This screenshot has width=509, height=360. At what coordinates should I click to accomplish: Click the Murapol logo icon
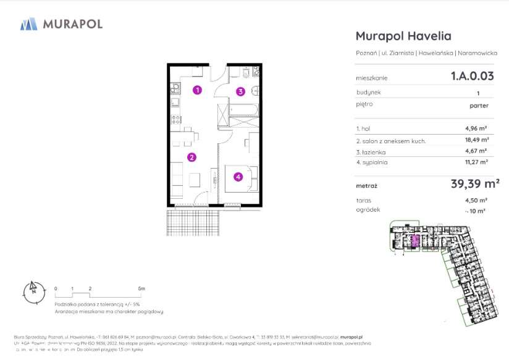(x=29, y=24)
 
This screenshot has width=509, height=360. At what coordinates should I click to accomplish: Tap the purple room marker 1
(x=196, y=90)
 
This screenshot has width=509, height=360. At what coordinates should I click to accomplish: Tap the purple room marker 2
(x=192, y=157)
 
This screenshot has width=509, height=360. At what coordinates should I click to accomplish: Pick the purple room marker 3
(x=240, y=91)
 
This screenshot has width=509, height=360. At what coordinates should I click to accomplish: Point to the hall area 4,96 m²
(x=476, y=129)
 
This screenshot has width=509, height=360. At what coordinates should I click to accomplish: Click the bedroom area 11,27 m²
(x=476, y=162)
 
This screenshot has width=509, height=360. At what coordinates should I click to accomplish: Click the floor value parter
(x=479, y=106)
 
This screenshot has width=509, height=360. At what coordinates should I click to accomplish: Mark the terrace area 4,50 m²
(x=476, y=200)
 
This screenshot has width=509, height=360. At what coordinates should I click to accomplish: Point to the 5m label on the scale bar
(x=142, y=288)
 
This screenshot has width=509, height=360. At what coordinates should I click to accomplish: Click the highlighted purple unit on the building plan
(x=416, y=240)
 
